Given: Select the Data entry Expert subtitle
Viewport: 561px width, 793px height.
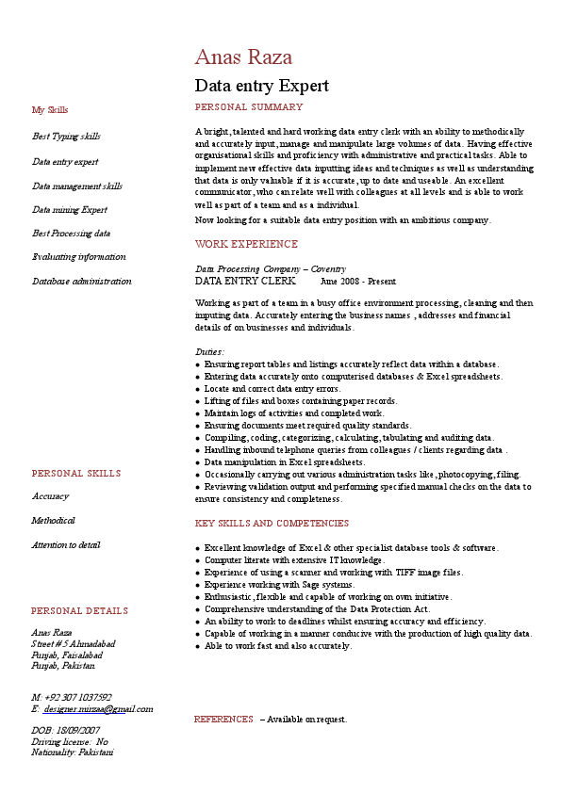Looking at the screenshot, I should tap(261, 87).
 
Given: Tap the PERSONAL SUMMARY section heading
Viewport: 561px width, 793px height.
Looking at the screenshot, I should tap(248, 107).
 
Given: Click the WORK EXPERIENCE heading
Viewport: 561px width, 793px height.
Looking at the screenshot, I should tap(246, 244).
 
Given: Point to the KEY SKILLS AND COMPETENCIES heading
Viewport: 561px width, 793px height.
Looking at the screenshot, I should tap(272, 524).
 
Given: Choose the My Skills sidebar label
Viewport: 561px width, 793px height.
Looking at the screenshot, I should tap(50, 110).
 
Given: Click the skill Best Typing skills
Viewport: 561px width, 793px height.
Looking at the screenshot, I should tap(66, 137).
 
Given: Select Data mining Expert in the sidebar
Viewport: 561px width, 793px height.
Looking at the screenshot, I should tap(70, 210).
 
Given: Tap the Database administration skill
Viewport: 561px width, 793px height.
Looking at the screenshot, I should tap(82, 282).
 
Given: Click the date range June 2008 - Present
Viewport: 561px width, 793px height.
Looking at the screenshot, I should tap(358, 282).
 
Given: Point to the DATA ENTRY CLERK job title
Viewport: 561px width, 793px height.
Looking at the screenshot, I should tap(245, 281).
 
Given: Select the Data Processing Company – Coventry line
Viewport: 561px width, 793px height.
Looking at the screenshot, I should tap(271, 269).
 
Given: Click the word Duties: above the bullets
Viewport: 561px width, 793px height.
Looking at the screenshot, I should tap(209, 351).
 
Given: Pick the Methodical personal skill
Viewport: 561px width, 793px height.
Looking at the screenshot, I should tap(53, 521).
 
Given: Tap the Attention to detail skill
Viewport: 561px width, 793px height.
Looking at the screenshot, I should tap(65, 545).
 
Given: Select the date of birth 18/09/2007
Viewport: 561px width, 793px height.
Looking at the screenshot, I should tap(78, 730).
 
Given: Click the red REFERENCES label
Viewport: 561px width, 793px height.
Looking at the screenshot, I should tap(223, 720).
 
